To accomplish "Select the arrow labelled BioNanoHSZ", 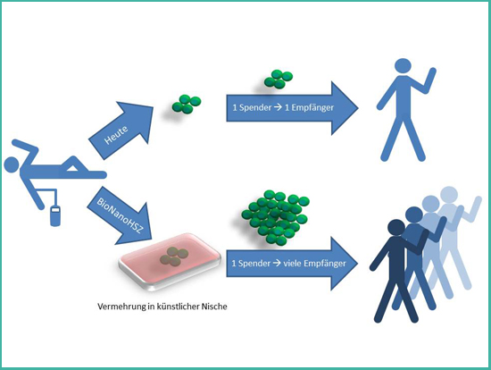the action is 121,216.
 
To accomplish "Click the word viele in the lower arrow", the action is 291,263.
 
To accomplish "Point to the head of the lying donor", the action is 12,165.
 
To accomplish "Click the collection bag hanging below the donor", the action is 55,215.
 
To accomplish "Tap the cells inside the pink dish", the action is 174,256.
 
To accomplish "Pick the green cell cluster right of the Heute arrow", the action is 187,104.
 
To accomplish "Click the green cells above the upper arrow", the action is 279,79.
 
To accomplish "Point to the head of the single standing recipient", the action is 403,66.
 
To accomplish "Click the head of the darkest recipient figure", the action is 396,228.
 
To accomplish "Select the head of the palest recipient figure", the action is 449,195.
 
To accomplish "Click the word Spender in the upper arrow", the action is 255,108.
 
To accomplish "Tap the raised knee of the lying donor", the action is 73,158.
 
